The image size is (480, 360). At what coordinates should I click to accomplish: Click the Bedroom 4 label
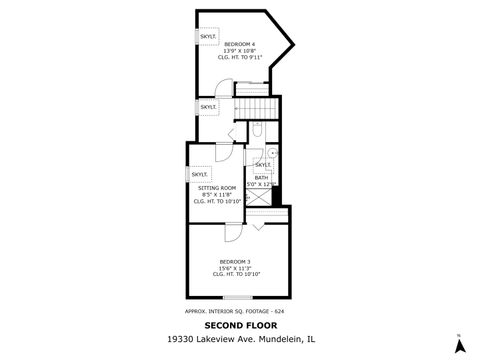click(x=239, y=51)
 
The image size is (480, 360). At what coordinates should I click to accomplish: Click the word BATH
click(x=261, y=177)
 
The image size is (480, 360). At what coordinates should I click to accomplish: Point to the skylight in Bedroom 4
click(x=207, y=36)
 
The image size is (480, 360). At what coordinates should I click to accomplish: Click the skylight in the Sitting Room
click(x=199, y=174)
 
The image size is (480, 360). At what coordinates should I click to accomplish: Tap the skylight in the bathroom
click(x=263, y=164)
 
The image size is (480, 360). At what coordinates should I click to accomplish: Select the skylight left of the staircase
click(x=208, y=106)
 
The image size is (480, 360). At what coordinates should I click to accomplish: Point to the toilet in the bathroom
click(x=257, y=130)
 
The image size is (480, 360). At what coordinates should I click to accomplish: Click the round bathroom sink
click(x=270, y=153)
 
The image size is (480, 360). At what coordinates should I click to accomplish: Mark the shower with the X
click(x=261, y=197)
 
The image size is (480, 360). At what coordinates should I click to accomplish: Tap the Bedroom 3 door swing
click(x=233, y=229)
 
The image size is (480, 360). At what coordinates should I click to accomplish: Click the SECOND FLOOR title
click(x=239, y=325)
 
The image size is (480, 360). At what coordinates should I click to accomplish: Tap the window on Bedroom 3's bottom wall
click(x=237, y=297)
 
